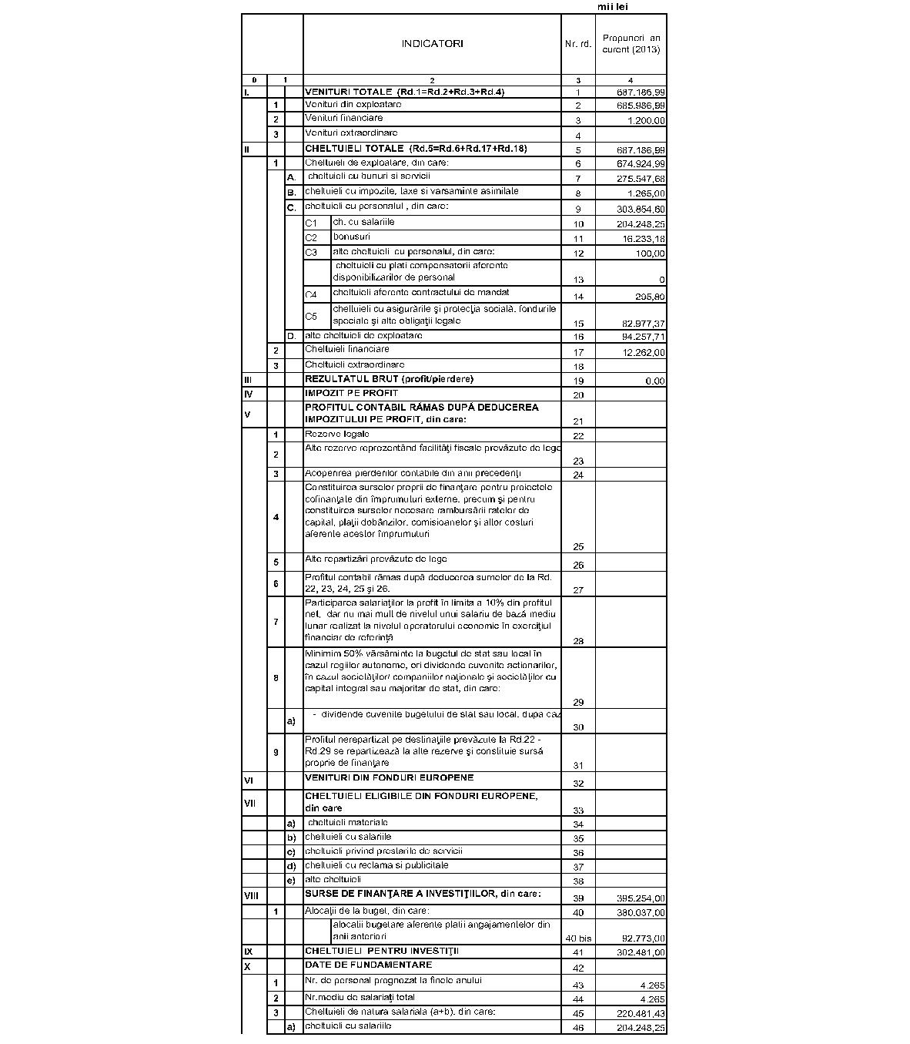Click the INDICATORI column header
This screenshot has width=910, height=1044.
tap(432, 44)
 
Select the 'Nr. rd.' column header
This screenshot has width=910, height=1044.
tap(578, 44)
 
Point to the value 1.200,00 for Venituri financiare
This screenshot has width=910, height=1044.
tap(646, 120)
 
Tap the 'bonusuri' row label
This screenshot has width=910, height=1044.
tap(351, 237)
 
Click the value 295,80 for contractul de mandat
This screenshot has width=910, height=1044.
tap(651, 297)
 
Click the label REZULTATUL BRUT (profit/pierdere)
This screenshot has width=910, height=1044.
tap(389, 378)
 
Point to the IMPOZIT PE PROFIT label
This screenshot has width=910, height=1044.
tap(351, 393)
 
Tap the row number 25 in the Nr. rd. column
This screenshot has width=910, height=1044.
tap(578, 546)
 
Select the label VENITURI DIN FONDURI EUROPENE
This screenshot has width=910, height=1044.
tap(389, 777)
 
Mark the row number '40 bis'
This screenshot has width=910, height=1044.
tap(578, 938)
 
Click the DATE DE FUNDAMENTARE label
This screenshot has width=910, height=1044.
tap(368, 965)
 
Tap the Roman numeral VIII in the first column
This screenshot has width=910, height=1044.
tap(251, 896)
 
